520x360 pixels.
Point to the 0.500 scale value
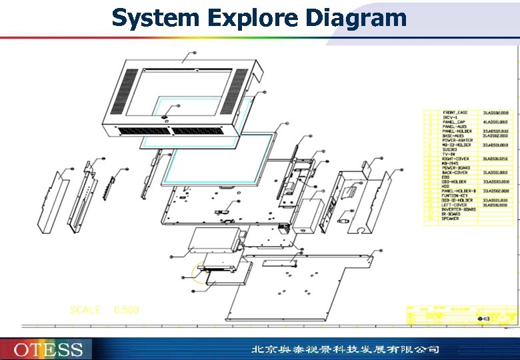126,310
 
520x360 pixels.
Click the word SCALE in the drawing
85,310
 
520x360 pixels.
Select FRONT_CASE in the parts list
455,113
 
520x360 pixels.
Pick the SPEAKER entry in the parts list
450,219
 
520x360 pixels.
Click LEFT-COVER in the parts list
455,205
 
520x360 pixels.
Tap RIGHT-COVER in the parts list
456,159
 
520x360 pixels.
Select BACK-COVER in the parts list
455,173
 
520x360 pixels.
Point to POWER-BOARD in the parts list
456,168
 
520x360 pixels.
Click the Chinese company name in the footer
345,349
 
